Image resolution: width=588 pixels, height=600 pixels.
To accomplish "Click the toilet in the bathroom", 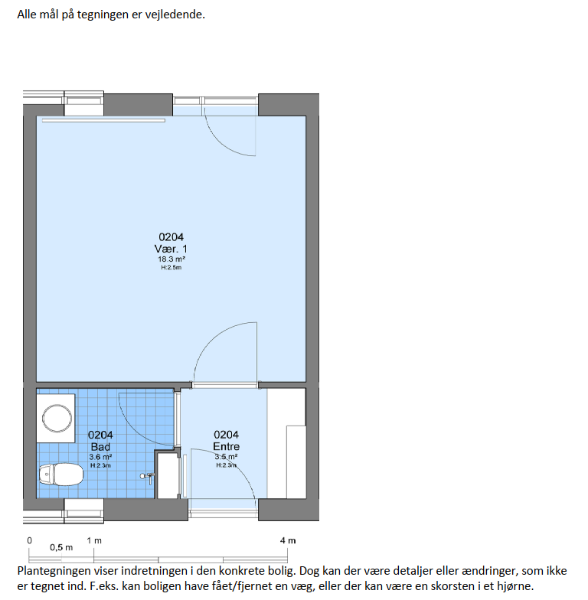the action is (x=61, y=474).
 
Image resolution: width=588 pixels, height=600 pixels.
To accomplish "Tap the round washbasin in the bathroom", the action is (x=57, y=418).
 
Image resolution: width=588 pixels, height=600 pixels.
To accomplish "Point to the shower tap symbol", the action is (x=148, y=478).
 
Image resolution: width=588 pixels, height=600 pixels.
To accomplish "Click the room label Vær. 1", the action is (x=171, y=249).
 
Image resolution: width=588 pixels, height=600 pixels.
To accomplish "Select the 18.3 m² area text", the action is (x=171, y=259).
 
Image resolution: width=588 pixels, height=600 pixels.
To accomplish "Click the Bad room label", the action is (x=100, y=447).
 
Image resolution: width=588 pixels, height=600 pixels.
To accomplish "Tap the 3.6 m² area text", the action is (x=100, y=457).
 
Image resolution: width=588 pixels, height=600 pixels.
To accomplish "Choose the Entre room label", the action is (x=227, y=446).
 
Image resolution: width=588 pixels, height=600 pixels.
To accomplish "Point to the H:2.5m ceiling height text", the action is (x=171, y=268).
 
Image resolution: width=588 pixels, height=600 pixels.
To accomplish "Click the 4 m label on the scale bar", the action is (x=288, y=540).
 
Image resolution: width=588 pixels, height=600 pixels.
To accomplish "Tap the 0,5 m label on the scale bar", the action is (x=61, y=548).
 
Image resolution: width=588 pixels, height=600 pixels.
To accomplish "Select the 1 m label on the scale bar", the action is (x=94, y=540).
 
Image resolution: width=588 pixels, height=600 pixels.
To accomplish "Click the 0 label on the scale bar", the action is (x=29, y=540).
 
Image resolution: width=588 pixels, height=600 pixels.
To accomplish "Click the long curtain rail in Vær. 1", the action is (x=103, y=121).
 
